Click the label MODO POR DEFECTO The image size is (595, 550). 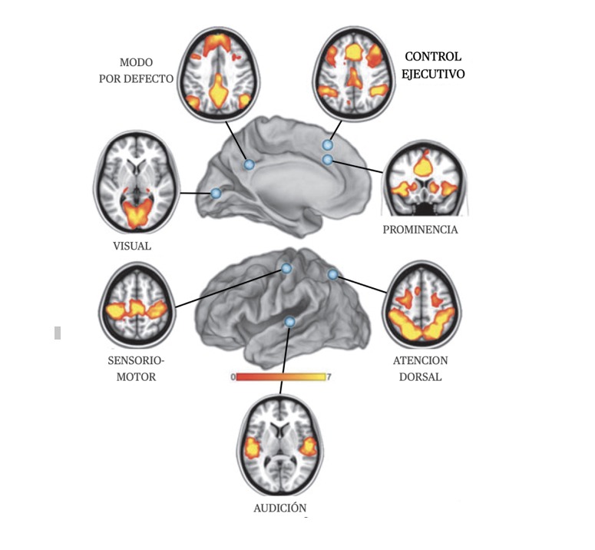tap(145, 70)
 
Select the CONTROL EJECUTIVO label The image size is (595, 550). tap(434, 65)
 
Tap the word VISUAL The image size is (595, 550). tap(131, 246)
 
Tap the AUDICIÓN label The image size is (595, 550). tap(279, 508)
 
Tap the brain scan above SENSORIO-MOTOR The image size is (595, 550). tap(136, 306)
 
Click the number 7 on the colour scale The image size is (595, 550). tap(329, 377)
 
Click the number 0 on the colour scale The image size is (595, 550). tap(233, 377)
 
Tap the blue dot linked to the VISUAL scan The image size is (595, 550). tap(217, 194)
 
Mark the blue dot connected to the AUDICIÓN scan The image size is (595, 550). tap(289, 322)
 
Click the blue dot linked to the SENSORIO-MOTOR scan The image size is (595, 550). tap(286, 268)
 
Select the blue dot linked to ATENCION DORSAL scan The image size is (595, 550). tap(332, 274)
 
